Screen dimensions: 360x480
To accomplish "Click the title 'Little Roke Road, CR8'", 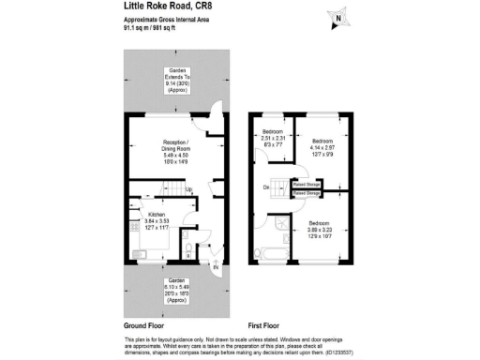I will [173, 7].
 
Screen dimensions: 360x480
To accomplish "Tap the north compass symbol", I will [336, 16].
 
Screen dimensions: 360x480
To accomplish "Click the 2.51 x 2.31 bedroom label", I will [273, 137].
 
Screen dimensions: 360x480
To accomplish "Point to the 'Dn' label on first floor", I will [267, 187].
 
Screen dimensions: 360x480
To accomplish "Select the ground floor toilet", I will [188, 251].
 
